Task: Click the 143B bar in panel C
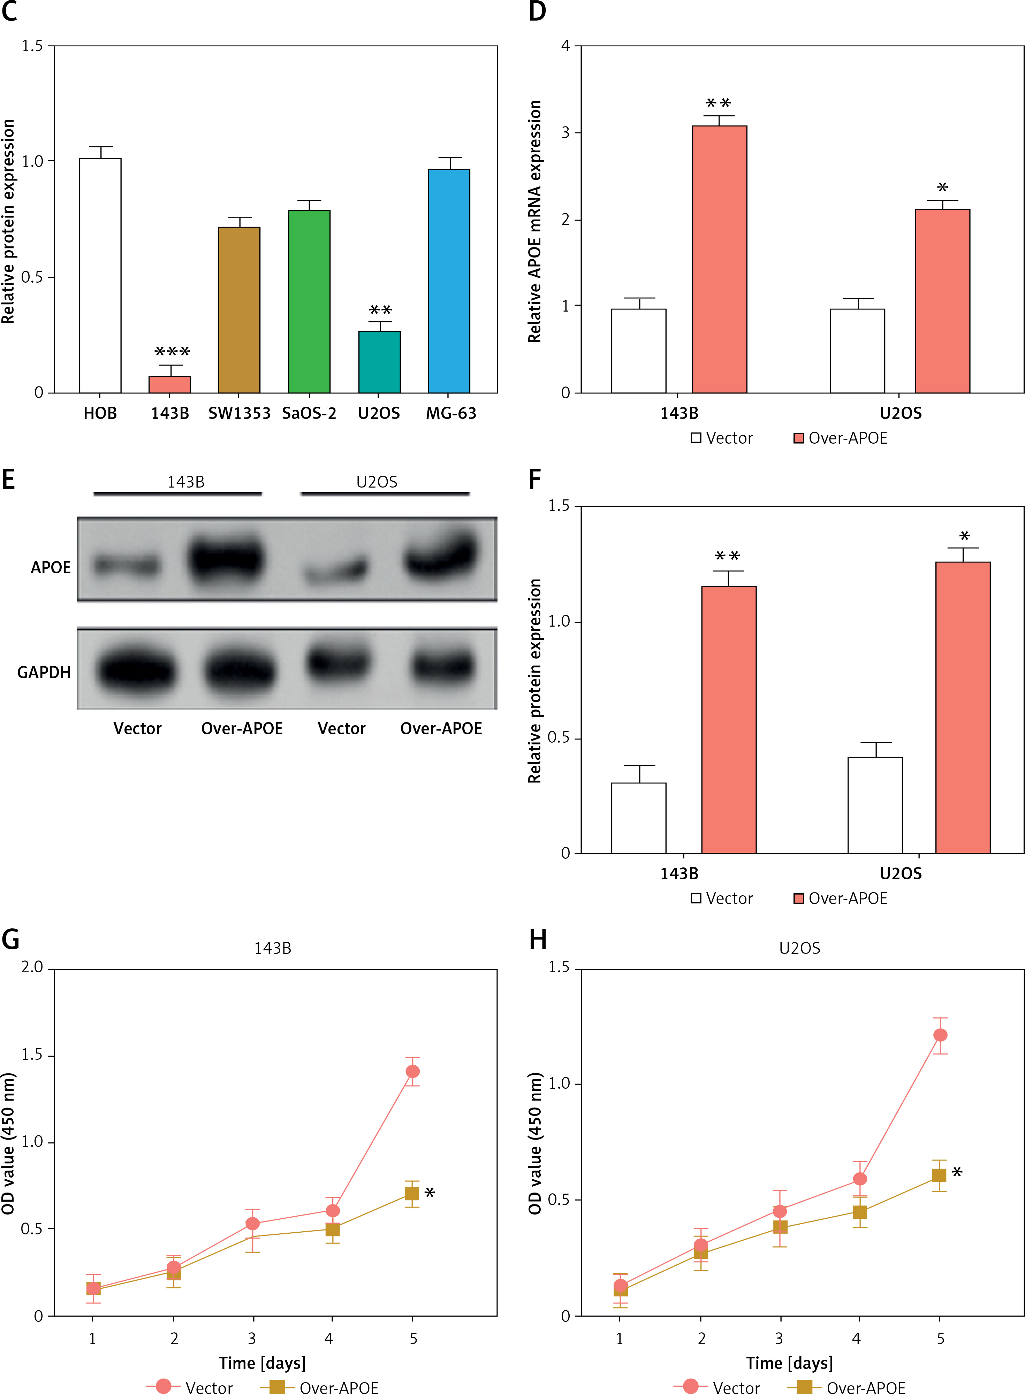tap(169, 384)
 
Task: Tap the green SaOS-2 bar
tap(309, 301)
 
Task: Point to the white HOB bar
tap(100, 275)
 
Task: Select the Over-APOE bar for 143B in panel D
tap(719, 259)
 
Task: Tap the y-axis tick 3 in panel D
tap(565, 133)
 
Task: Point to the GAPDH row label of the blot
tap(44, 672)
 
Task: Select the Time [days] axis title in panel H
tap(789, 1362)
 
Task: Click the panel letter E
tap(9, 479)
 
